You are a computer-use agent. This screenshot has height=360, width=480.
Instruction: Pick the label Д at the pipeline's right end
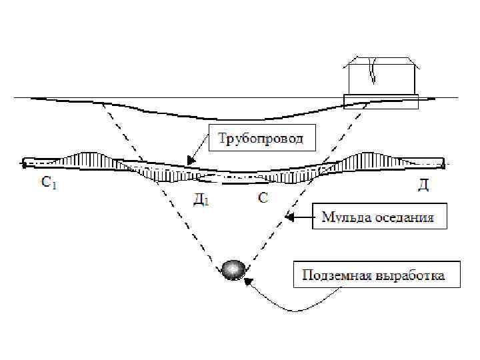[x=423, y=185]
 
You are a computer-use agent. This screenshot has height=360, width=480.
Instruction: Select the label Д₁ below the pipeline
[x=201, y=199]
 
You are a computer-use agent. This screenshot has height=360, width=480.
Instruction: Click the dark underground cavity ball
[x=234, y=269]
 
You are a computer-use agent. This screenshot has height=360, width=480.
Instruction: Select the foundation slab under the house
[x=380, y=100]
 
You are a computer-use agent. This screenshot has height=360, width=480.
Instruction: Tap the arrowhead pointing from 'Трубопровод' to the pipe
[x=190, y=161]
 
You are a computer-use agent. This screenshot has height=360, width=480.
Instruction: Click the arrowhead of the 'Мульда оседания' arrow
[x=289, y=217]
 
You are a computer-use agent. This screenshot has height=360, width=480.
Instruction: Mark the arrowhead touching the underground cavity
[x=247, y=282]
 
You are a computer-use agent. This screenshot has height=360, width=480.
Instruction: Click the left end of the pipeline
[x=24, y=161]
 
